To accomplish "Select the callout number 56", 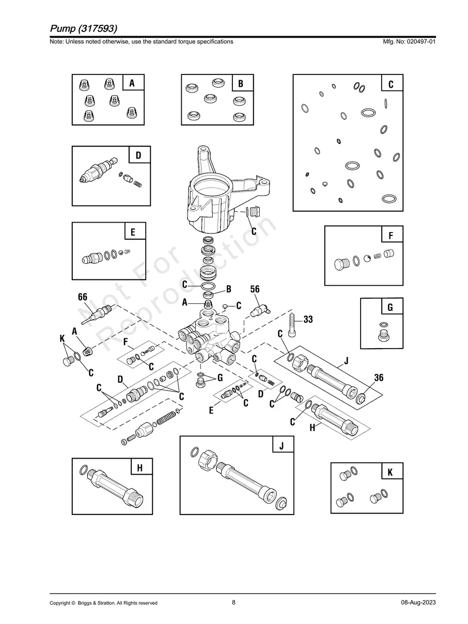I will pos(255,289).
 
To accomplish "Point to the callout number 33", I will pos(308,320).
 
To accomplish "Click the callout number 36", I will pos(379,378).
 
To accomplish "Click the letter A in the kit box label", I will pos(132,83).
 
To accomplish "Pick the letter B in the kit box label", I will pos(241,83).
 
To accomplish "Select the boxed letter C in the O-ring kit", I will pos(391,84).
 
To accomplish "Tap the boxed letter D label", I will pos(138,155).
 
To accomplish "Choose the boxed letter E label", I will pos(133,232).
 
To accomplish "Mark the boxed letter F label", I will pos(391,236).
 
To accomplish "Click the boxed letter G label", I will pos(390,307).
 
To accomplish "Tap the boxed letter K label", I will pos(390,472).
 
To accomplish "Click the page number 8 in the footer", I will pos(233,602).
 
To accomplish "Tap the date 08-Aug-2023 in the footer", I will pos(418,602).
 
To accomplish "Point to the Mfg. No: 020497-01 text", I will pos(408,41).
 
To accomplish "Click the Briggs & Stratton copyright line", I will pos(103,603).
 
